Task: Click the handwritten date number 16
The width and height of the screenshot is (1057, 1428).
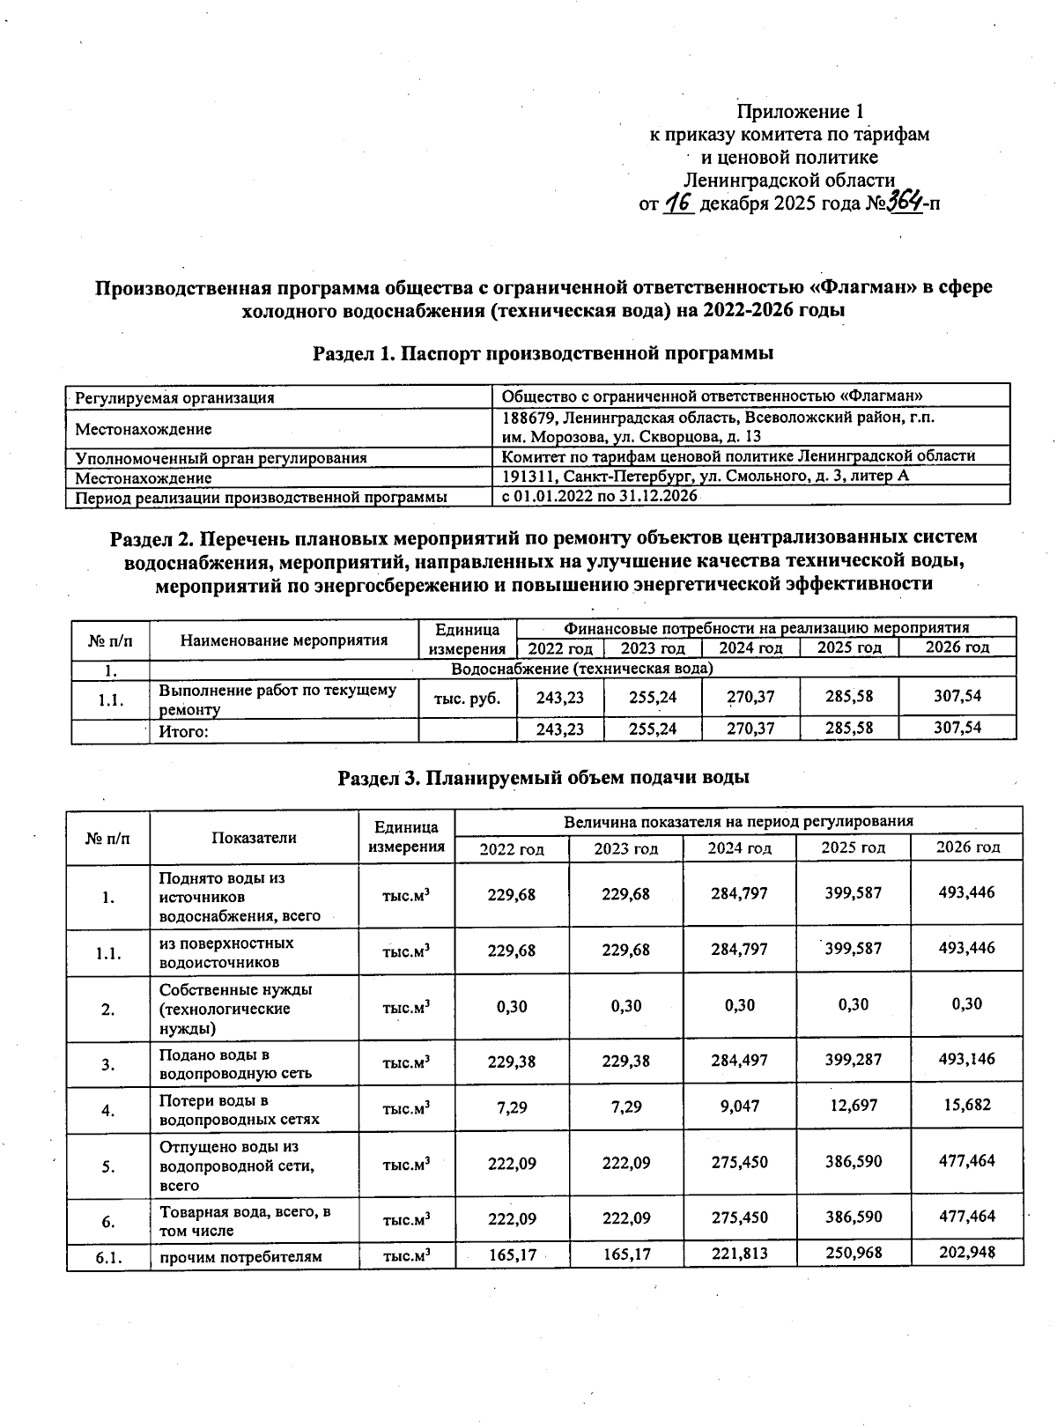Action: pos(679,203)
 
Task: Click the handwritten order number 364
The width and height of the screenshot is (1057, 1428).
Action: pos(904,203)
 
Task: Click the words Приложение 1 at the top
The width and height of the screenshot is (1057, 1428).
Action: pos(800,112)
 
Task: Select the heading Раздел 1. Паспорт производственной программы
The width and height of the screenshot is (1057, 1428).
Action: pos(543,353)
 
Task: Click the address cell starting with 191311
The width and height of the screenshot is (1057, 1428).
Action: pos(705,476)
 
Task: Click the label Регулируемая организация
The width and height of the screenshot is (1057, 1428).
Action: pos(174,398)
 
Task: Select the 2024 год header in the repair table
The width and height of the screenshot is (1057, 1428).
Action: pos(750,648)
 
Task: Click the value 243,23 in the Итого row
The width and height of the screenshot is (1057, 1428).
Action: pos(560,729)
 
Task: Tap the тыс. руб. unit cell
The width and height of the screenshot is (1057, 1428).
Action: pos(467,699)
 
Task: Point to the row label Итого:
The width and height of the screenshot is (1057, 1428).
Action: pos(183,731)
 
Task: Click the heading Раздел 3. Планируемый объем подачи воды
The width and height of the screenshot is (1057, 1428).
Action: pos(543,778)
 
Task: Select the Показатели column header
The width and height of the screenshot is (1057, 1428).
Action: pos(254,838)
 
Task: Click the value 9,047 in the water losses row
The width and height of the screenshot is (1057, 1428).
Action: pos(739,1106)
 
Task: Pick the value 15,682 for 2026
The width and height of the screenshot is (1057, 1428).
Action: pos(966,1105)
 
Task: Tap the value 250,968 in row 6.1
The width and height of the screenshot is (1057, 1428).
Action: pos(853,1252)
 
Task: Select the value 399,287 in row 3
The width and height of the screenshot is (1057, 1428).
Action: pos(853,1060)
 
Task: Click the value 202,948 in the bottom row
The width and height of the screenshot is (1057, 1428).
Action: pos(966,1252)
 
